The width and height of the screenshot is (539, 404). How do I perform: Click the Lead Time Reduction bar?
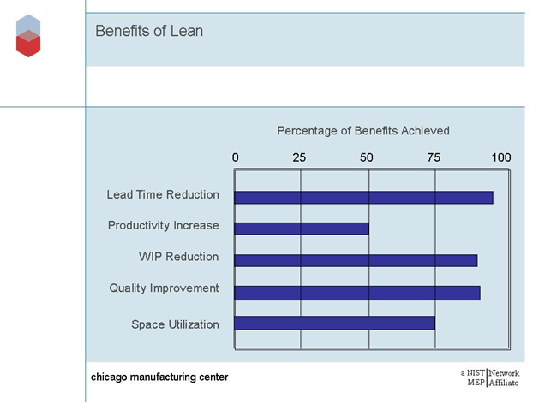pos(363,197)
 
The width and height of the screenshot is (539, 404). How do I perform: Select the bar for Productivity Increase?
pos(302,229)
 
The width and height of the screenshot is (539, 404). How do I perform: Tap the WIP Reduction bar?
pos(356,260)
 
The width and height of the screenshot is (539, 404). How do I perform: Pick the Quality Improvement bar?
pos(356,292)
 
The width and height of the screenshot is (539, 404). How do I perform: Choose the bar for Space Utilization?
pos(334,323)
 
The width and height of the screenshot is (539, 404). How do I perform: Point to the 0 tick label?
pos(237,157)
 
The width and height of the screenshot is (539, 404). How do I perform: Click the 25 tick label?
pos(299,157)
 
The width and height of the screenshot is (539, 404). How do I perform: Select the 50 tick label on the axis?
pos(367,157)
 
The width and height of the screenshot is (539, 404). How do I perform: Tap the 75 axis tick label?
pos(434,157)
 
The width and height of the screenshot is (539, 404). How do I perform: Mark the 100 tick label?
pos(500,157)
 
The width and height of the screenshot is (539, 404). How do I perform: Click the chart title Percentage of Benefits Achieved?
pos(363,131)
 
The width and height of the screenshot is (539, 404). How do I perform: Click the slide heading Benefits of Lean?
pos(149,32)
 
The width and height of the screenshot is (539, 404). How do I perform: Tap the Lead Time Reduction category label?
pos(163,195)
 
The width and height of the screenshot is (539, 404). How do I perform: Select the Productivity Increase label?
pos(163,226)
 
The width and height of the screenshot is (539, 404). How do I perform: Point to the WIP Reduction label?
pos(178,257)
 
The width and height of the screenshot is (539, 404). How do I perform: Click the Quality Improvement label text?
pos(164,288)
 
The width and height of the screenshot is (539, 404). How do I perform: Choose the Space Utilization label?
pos(175,324)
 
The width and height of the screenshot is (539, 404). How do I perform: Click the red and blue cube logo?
pos(28,36)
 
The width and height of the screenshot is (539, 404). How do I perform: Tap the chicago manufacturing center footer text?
pos(160,377)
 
